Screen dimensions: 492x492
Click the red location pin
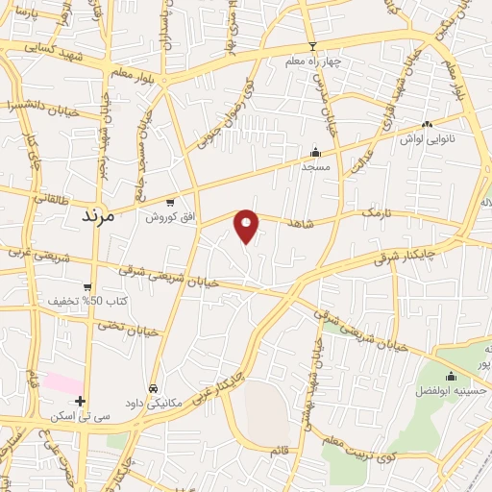(247, 226)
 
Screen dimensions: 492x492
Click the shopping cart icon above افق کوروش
(170, 202)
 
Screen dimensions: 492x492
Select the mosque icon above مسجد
(314, 152)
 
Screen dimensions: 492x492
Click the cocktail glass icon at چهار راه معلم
(311, 47)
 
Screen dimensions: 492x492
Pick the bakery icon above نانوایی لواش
(428, 124)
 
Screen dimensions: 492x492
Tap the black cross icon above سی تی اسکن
(81, 401)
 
